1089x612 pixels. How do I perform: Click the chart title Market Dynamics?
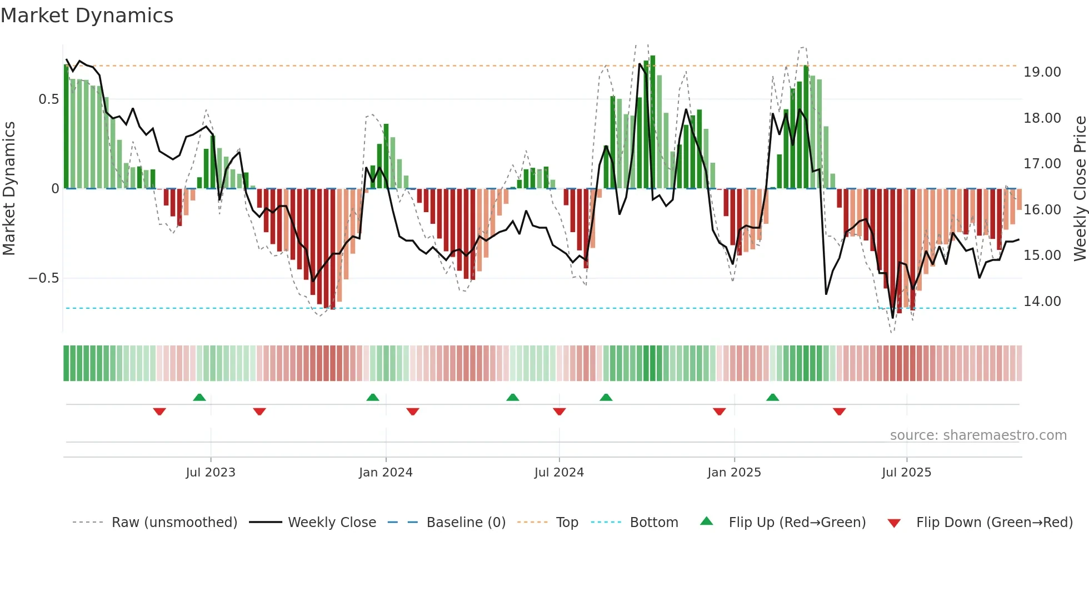(87, 16)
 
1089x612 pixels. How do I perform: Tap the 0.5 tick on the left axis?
(48, 99)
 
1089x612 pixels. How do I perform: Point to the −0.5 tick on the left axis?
(44, 278)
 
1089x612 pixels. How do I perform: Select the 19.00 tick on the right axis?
(1042, 72)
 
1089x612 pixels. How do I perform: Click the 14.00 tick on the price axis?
(1042, 302)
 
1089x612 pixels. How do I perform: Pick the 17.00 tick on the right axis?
(1042, 164)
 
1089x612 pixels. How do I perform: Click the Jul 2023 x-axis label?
(211, 473)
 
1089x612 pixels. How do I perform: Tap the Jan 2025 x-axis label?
(734, 473)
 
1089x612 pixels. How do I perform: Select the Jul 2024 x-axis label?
(559, 473)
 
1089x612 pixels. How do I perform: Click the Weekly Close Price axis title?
(1080, 189)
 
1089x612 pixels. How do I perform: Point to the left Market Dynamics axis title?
(9, 189)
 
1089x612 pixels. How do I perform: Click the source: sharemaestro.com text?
(978, 435)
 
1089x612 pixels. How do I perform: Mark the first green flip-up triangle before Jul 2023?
(199, 398)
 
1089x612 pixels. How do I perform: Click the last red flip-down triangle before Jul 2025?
(839, 412)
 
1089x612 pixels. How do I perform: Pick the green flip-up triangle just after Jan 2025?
(772, 398)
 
